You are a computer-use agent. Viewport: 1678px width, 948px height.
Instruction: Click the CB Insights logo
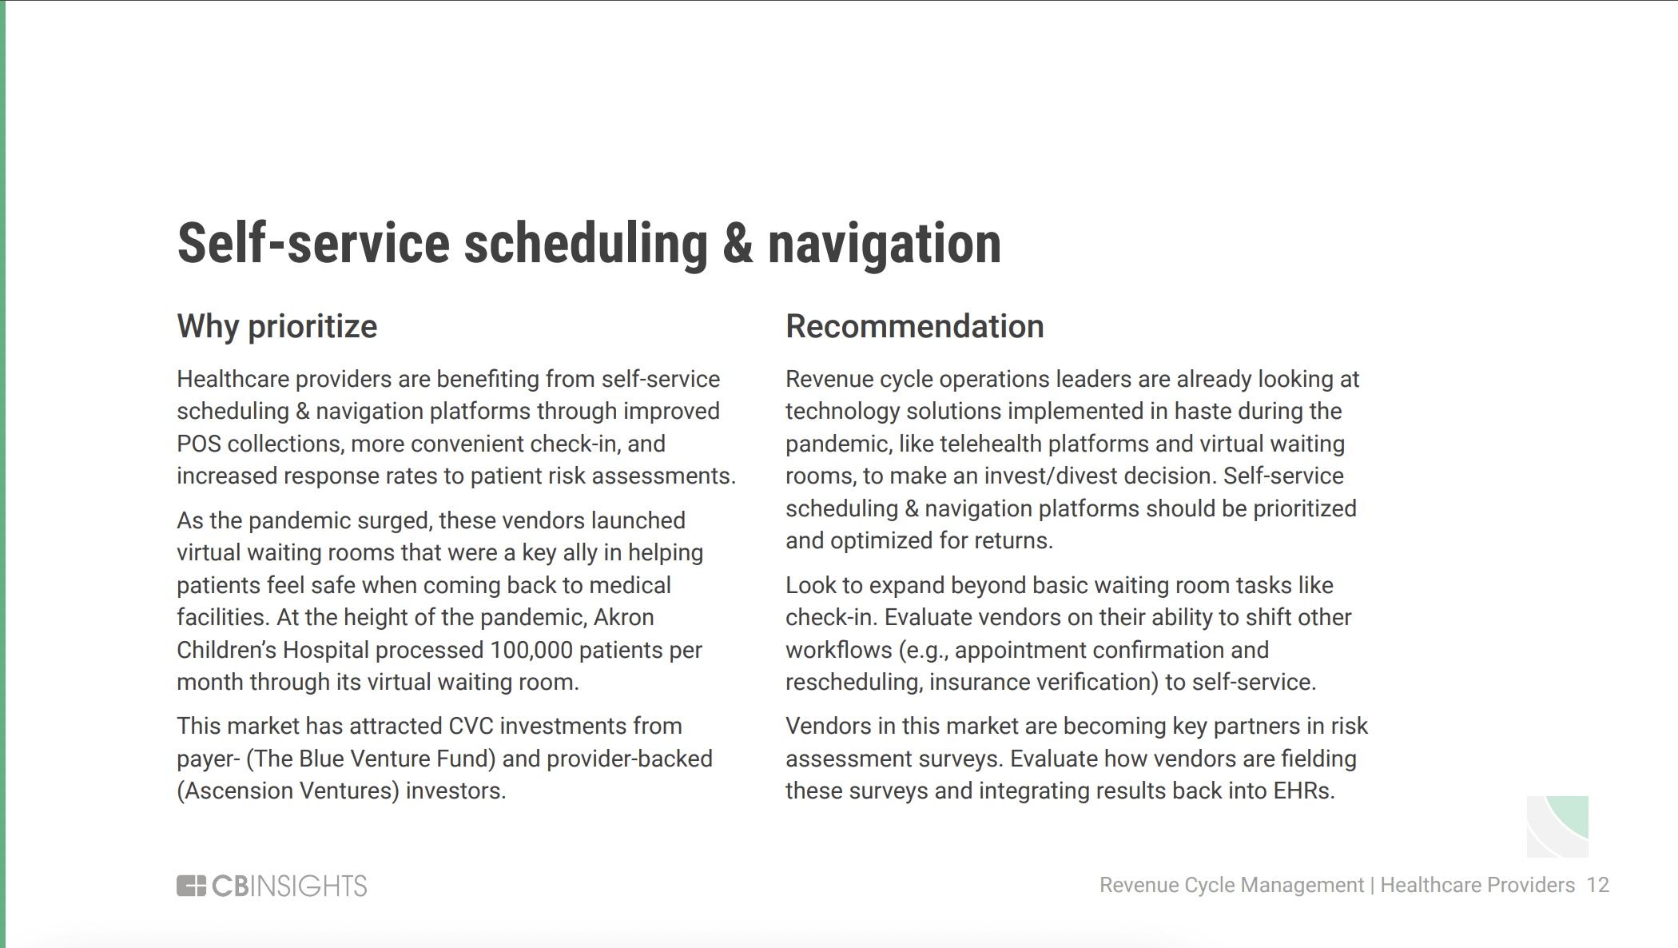click(272, 886)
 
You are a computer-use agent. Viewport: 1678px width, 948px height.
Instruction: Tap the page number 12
click(1597, 885)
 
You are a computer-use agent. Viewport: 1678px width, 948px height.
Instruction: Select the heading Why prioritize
click(276, 327)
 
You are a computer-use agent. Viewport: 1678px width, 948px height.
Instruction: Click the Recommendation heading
click(914, 326)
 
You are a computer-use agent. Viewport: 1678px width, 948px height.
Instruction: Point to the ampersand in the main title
click(738, 244)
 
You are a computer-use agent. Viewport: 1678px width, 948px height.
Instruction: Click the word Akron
click(623, 617)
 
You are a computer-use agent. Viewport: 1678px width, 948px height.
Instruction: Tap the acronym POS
click(199, 444)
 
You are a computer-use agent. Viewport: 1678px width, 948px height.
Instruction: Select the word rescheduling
click(854, 683)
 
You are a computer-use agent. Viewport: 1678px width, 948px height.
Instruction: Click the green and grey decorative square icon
click(1557, 827)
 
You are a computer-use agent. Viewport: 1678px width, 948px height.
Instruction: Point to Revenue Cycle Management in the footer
click(1231, 886)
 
